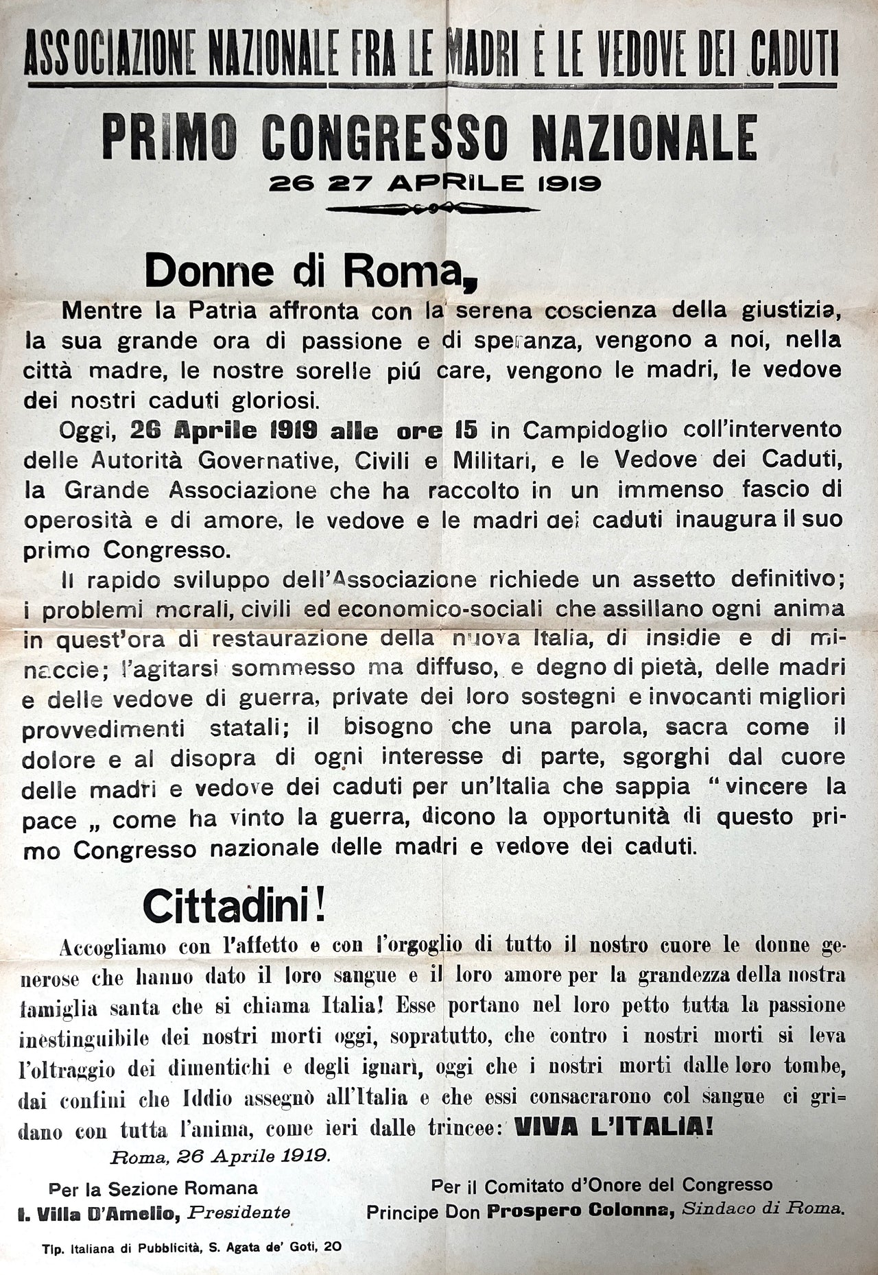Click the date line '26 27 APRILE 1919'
[x=435, y=183]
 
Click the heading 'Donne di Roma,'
[x=310, y=272]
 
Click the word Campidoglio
[x=595, y=430]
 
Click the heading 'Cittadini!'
[x=234, y=907]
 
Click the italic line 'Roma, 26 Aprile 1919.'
[x=221, y=1155]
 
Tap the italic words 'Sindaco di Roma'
[x=761, y=1209]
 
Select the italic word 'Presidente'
[x=239, y=1213]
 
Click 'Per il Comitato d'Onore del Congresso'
[x=602, y=1184]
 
